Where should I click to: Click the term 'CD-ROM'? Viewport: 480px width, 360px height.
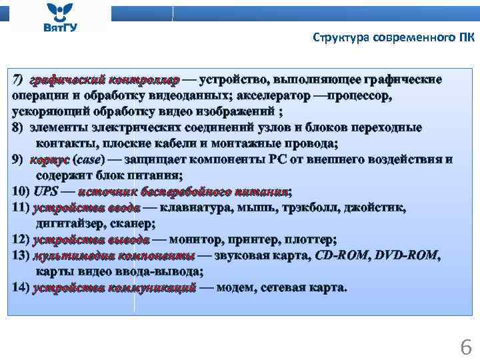click(x=341, y=255)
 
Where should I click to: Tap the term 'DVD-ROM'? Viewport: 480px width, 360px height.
click(x=407, y=255)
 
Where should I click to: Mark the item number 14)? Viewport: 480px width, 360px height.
click(x=21, y=287)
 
